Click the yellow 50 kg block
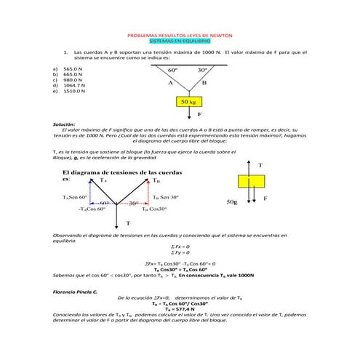(189, 101)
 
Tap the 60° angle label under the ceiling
(173, 71)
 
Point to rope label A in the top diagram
(170, 84)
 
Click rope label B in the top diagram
(204, 84)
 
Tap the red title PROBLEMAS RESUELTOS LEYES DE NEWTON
(180, 36)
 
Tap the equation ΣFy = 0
(179, 252)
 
